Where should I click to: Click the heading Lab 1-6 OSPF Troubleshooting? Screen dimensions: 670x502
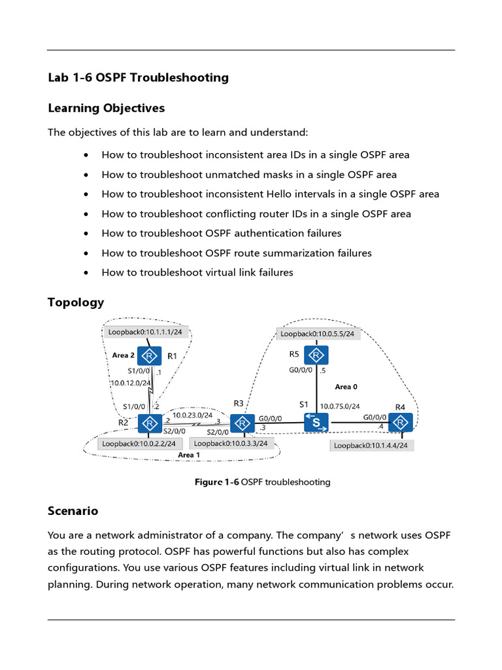[138, 78]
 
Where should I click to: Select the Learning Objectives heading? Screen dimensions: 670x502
[106, 108]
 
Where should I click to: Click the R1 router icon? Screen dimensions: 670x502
[150, 356]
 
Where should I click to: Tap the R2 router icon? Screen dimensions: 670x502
[150, 423]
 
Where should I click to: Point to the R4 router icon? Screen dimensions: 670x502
[401, 423]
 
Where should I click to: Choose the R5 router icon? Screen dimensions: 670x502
[316, 355]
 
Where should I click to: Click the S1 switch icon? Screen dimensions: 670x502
[316, 423]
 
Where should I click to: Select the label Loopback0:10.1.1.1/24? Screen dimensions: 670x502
[145, 332]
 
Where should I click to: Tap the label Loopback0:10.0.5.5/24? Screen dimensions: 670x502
[317, 334]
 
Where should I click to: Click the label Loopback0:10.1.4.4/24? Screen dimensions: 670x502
[371, 446]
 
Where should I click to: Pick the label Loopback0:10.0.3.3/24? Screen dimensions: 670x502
[231, 443]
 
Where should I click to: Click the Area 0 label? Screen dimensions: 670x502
[346, 387]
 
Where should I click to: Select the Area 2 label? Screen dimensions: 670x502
[124, 355]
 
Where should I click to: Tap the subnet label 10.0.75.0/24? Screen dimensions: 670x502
[339, 406]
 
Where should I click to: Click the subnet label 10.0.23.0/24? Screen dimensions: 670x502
[192, 415]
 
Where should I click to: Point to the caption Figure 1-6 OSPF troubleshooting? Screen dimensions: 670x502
[263, 482]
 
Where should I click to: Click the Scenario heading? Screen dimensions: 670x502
[73, 510]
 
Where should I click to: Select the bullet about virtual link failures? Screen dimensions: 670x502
[197, 272]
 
